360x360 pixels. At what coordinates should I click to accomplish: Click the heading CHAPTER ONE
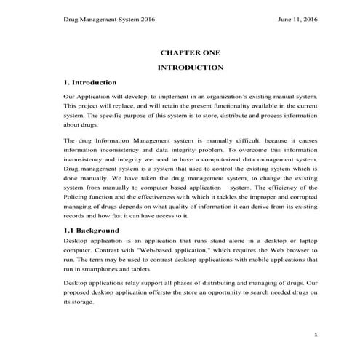tap(190, 52)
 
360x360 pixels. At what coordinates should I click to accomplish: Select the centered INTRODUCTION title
tap(190, 67)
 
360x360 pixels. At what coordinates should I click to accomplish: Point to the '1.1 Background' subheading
tap(91, 230)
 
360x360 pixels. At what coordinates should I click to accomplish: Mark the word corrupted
tap(298, 197)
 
